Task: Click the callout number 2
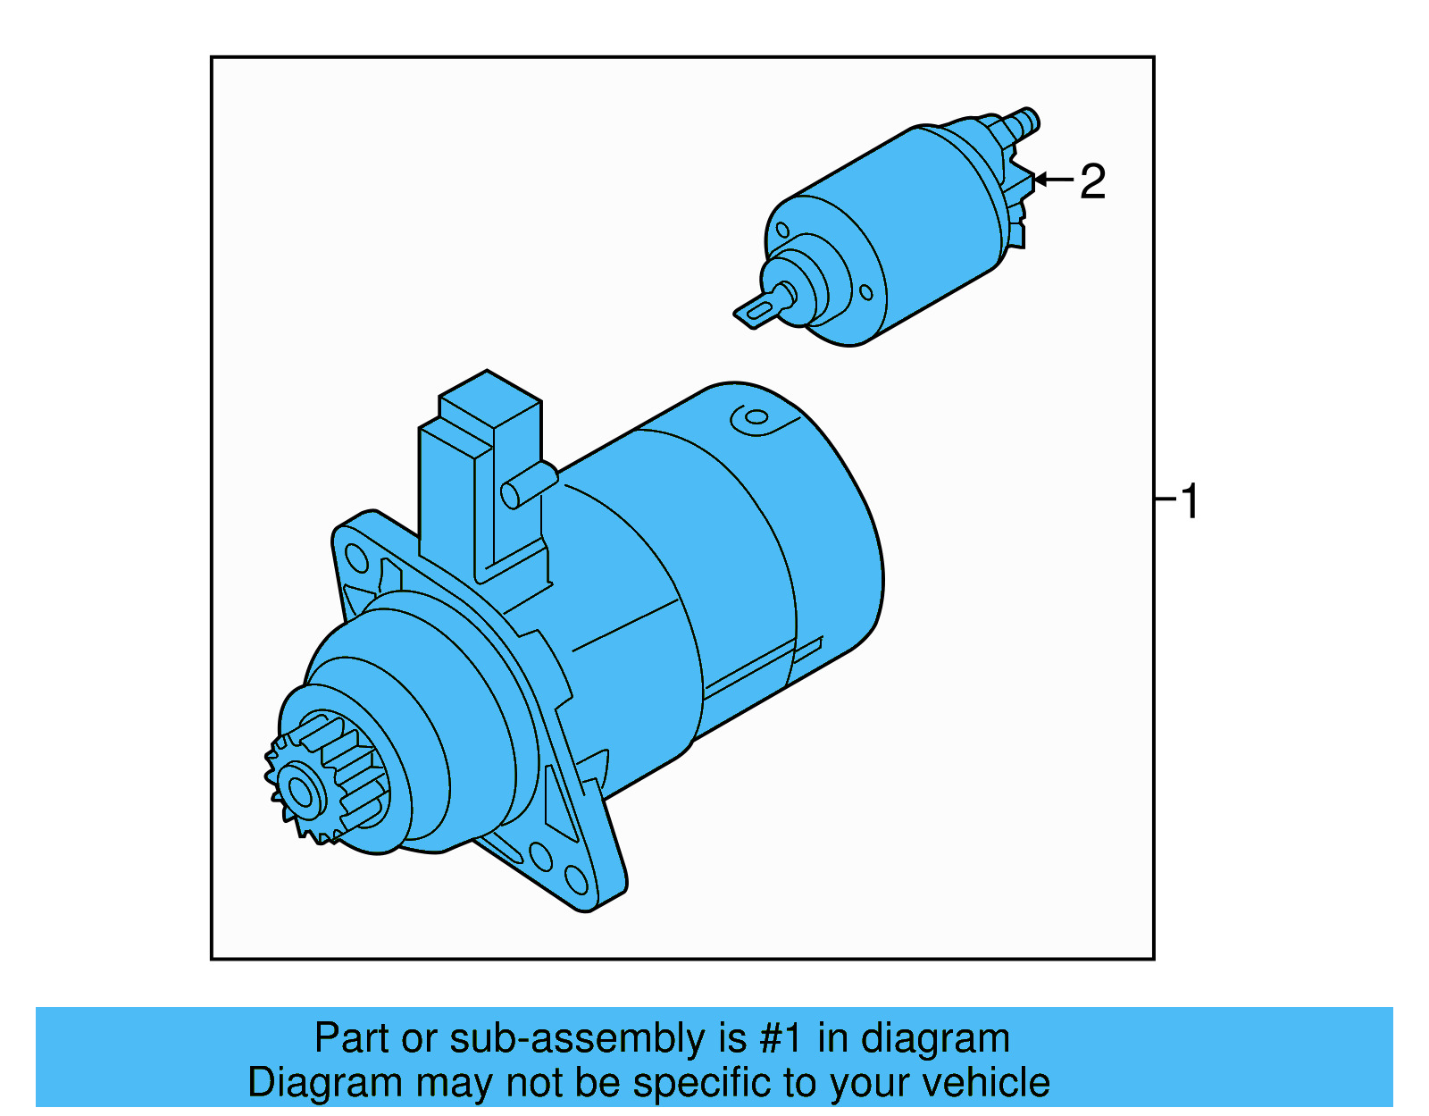1092,182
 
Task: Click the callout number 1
1190,501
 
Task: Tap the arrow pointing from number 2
1053,180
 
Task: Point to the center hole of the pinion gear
298,792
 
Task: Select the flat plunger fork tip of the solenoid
756,313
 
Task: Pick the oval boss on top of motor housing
756,418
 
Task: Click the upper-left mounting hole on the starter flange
356,558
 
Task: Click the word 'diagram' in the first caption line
935,1039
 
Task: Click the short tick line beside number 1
1166,498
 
